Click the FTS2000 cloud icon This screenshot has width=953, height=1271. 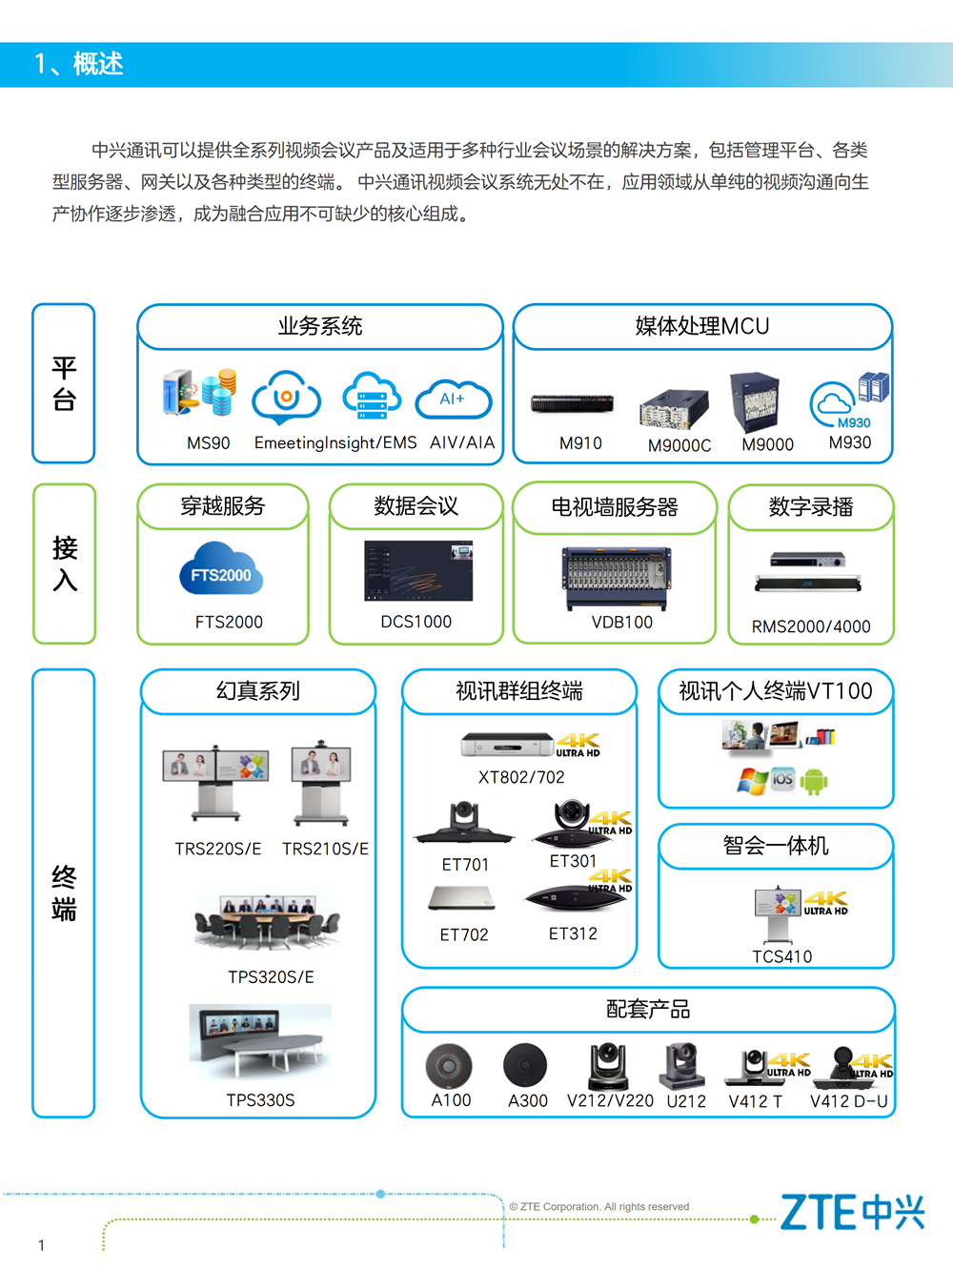[x=221, y=568]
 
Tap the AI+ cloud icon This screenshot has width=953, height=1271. [x=454, y=399]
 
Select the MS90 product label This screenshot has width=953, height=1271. [x=209, y=443]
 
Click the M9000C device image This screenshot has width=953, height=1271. [x=674, y=409]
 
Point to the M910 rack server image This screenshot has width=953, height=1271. [x=572, y=403]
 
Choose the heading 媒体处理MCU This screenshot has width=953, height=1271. [x=702, y=326]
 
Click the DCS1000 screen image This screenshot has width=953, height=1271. [x=418, y=571]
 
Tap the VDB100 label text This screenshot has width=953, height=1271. [x=622, y=622]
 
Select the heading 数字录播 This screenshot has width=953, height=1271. [x=811, y=506]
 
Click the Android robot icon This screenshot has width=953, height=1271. [x=814, y=781]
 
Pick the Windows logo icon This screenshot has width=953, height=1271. [x=752, y=781]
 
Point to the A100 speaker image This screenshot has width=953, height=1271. [x=449, y=1065]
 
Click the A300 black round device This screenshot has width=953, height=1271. [x=525, y=1065]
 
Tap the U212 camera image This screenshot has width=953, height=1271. [x=682, y=1065]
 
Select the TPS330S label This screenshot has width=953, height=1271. [x=260, y=1100]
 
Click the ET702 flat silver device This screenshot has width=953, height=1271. [x=462, y=898]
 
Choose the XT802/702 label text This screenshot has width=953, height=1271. [x=521, y=777]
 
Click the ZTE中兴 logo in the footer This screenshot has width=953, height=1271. [x=852, y=1211]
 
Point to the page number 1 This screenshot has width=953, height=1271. [x=41, y=1245]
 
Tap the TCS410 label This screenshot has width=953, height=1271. [x=782, y=956]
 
